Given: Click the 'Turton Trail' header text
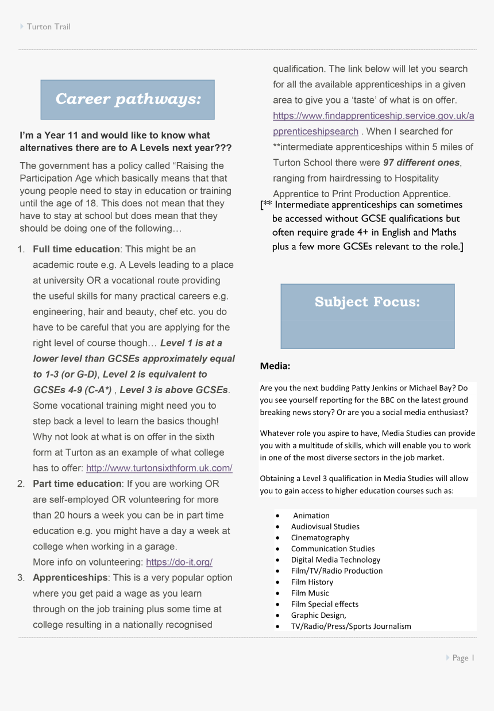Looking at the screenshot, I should click(48, 26).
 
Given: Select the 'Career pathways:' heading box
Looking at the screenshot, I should click(128, 99).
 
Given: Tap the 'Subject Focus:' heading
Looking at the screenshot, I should click(367, 302).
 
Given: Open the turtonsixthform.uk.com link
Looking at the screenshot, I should click(159, 468).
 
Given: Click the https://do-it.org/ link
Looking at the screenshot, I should click(179, 562).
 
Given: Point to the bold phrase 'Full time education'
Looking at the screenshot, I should click(76, 249).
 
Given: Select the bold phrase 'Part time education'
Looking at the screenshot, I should click(77, 484).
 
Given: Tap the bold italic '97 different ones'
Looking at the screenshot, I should click(421, 163).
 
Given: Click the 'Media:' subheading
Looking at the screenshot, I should click(275, 366).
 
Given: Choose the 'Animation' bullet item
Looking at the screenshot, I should click(311, 516).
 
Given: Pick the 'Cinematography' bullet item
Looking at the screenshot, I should click(320, 537).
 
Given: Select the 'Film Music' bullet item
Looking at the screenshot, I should click(310, 593).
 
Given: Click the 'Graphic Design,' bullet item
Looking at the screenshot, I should click(318, 615).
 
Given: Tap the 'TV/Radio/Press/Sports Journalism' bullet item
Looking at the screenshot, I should click(351, 626).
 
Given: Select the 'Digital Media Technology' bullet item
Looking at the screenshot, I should click(335, 560).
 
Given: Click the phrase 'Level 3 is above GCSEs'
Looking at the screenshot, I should click(173, 390).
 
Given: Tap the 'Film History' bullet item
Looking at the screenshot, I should click(312, 582).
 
